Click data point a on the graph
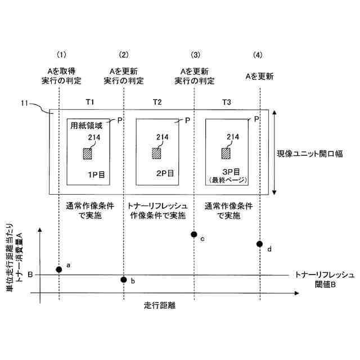(59, 269)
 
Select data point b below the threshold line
(124, 280)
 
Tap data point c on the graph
(194, 234)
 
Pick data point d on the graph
(259, 244)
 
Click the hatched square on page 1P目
(88, 153)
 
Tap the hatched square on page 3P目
(226, 153)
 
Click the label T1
(90, 102)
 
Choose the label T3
(226, 102)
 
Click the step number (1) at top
(62, 55)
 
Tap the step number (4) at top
(258, 55)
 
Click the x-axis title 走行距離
(160, 307)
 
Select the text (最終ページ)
(226, 179)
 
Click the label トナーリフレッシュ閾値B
(324, 280)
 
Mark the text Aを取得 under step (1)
(61, 71)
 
